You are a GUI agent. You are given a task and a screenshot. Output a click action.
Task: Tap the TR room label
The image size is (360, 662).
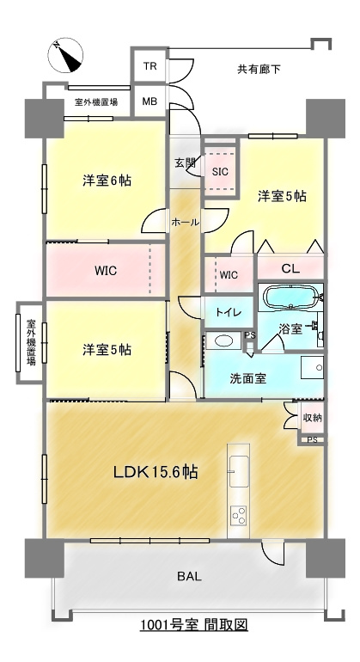pyautogui.click(x=149, y=67)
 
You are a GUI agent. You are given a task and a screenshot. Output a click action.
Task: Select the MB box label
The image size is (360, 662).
pyautogui.click(x=149, y=101)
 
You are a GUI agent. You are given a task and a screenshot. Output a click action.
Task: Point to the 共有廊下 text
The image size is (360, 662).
pyautogui.click(x=259, y=69)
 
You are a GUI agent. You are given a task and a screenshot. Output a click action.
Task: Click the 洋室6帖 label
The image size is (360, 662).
pyautogui.click(x=107, y=181)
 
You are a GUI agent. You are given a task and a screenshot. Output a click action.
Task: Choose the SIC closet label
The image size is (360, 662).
pyautogui.click(x=220, y=170)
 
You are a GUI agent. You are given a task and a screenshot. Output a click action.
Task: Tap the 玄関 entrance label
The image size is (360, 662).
pyautogui.click(x=185, y=162)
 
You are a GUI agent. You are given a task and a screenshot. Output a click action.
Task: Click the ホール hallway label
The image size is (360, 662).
pyautogui.click(x=185, y=222)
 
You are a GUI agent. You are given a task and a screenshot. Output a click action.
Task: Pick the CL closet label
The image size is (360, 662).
pyautogui.click(x=290, y=269)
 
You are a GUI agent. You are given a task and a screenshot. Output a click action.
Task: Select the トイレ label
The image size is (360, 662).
pyautogui.click(x=228, y=311)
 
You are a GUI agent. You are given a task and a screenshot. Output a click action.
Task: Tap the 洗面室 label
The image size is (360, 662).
pyautogui.click(x=247, y=377)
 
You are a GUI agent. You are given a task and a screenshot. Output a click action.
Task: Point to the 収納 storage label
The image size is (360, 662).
pyautogui.click(x=312, y=418)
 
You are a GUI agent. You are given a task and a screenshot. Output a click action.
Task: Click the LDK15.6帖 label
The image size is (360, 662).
pyautogui.click(x=157, y=472)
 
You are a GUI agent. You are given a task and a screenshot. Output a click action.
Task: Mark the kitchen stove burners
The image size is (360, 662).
pyautogui.click(x=238, y=515)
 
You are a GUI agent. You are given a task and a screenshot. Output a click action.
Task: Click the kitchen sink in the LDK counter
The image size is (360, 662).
pyautogui.click(x=238, y=471)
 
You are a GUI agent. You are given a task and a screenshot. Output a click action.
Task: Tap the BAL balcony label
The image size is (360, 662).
pyautogui.click(x=190, y=576)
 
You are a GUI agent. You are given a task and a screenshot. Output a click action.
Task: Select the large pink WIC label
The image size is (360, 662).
pyautogui.click(x=106, y=270)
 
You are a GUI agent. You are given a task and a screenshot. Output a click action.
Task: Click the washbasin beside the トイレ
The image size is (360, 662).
pyautogui.click(x=223, y=341)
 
